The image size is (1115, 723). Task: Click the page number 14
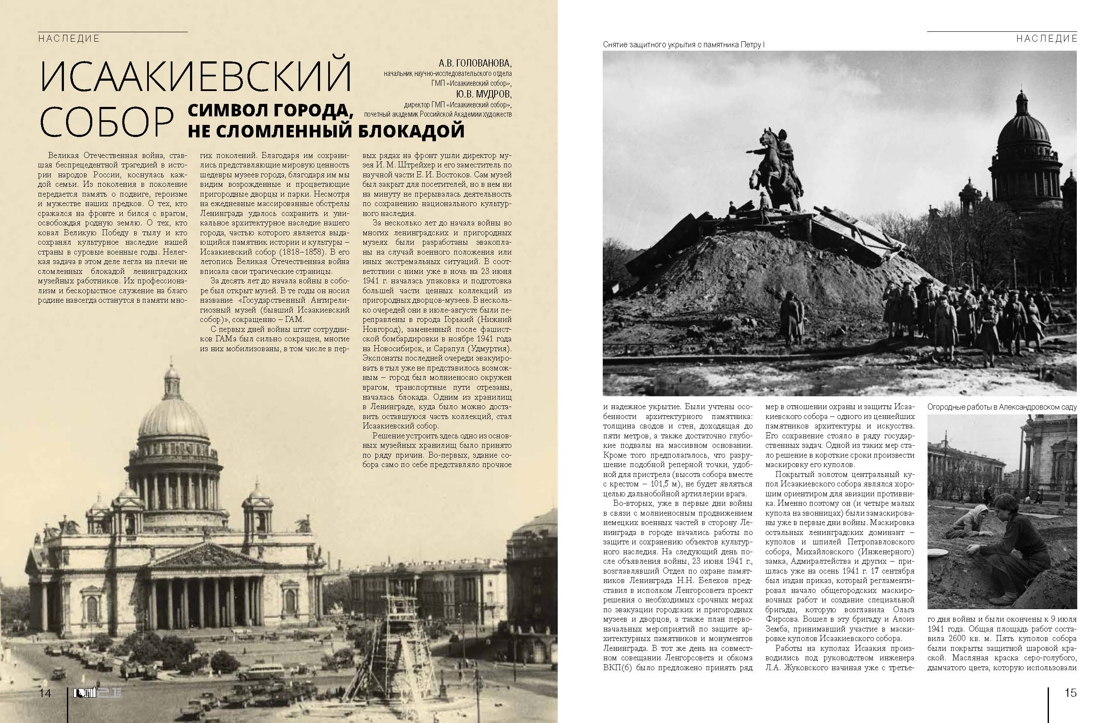45,693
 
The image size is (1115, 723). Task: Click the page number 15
1070,693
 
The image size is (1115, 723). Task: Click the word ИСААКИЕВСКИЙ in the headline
196,76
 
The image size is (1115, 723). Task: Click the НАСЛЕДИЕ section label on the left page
69,39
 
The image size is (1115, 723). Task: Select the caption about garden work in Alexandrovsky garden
1002,407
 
